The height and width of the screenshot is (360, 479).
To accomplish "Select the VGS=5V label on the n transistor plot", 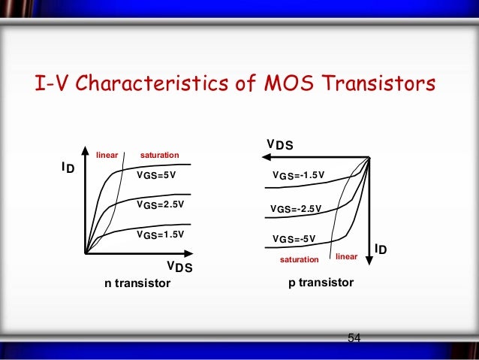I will coord(155,175).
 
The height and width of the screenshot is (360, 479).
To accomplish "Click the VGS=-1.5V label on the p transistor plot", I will coord(298,176).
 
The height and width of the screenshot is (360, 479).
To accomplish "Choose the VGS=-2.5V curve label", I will coord(296,208).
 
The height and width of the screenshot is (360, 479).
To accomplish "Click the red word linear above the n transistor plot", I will coord(108,156).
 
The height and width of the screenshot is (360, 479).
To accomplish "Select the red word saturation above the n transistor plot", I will coord(160,156).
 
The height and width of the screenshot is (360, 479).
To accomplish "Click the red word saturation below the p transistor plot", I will coord(299,259).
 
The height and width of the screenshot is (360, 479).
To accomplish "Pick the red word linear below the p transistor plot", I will coord(346,257).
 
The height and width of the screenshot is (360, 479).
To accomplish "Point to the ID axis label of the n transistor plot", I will coord(68,168).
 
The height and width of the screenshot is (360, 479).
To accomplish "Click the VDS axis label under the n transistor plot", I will coord(179,266).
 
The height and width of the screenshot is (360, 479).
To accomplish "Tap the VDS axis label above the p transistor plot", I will coord(280,144).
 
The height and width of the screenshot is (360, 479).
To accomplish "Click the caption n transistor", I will coord(137,283).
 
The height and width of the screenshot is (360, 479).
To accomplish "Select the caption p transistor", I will coord(321,283).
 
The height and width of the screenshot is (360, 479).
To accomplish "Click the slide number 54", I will coord(354,337).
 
